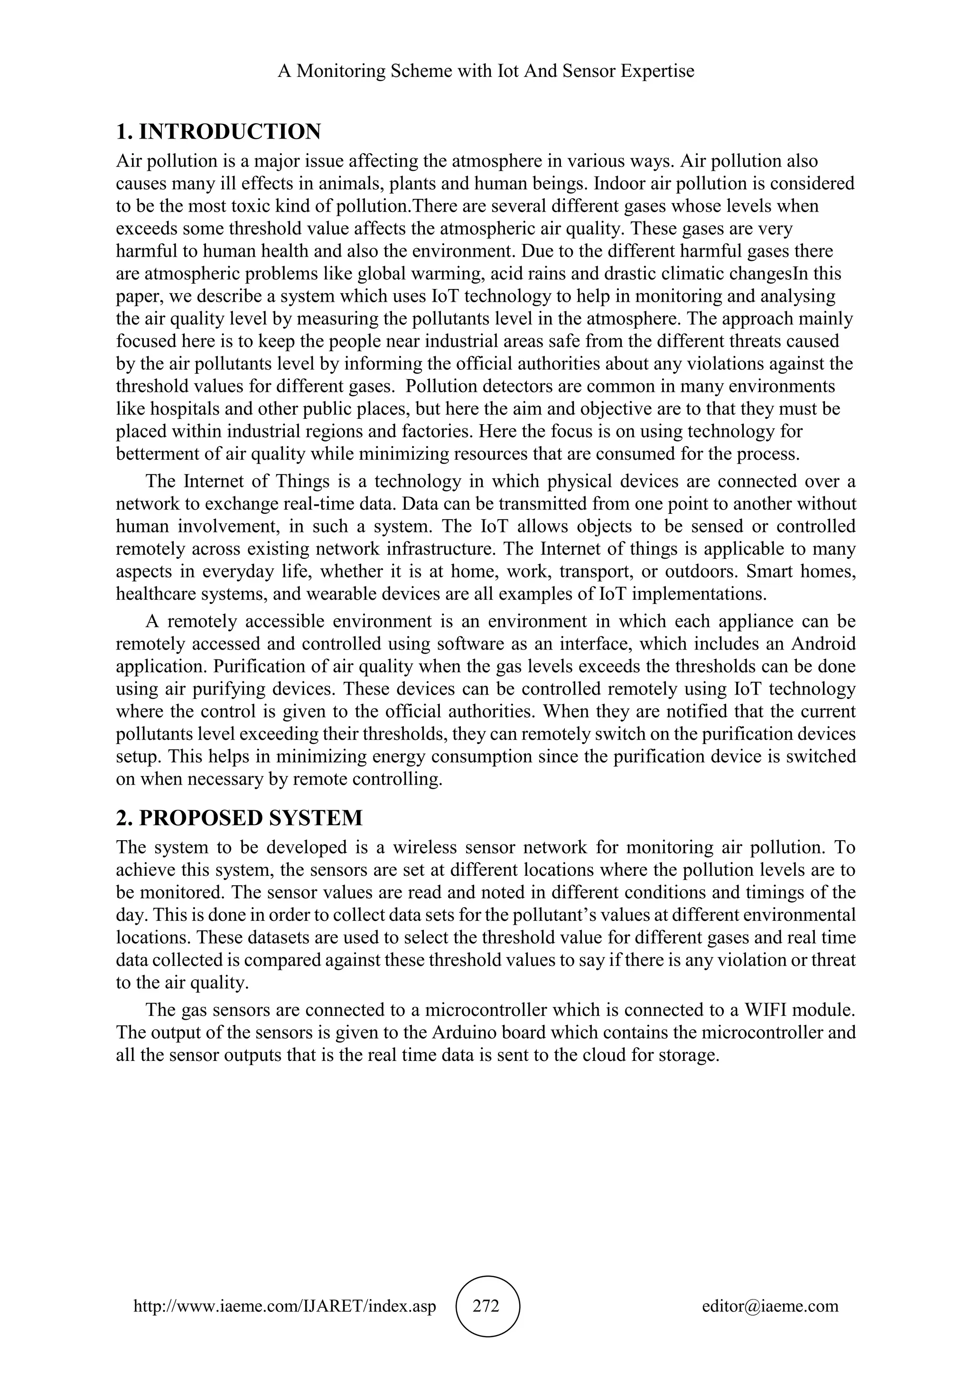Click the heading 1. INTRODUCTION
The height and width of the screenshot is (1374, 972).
click(218, 131)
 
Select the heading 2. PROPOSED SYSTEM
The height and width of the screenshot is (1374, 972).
click(239, 817)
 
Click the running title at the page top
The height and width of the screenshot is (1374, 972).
click(486, 71)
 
